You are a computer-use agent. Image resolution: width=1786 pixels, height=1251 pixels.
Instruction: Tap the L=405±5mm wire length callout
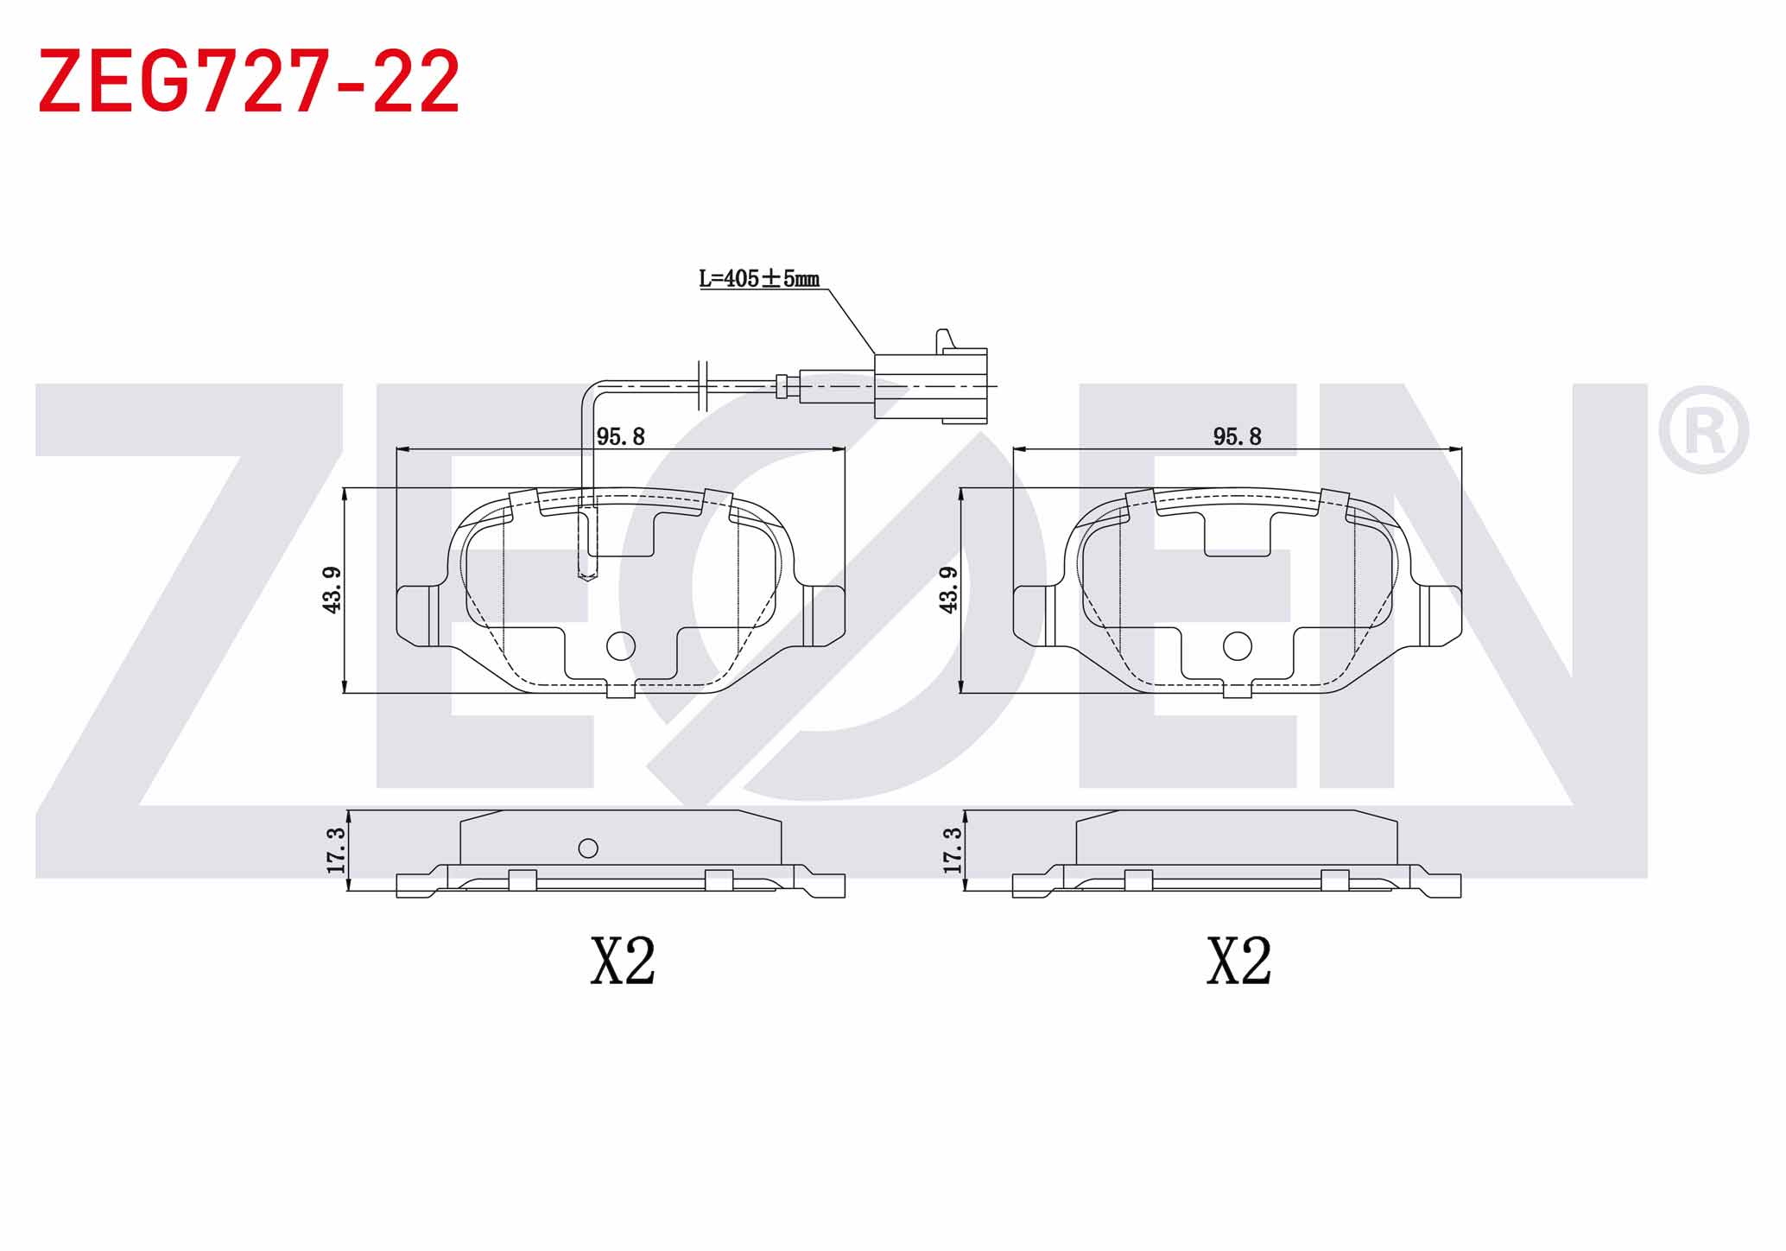(759, 278)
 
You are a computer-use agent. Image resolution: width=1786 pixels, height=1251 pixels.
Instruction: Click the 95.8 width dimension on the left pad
(621, 436)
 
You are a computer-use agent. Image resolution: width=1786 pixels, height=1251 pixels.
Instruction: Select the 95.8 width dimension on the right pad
(1237, 436)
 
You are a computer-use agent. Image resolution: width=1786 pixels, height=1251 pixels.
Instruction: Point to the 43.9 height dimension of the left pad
(332, 590)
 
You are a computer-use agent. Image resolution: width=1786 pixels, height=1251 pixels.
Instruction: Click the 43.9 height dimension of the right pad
(948, 590)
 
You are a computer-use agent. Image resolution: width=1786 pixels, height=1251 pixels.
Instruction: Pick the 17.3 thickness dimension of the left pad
(336, 850)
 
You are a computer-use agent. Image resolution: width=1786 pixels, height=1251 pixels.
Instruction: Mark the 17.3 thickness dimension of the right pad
(953, 850)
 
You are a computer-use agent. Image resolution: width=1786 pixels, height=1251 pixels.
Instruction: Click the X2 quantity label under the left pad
(623, 961)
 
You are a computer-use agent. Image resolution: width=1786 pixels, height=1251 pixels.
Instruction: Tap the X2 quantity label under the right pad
(1239, 961)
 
